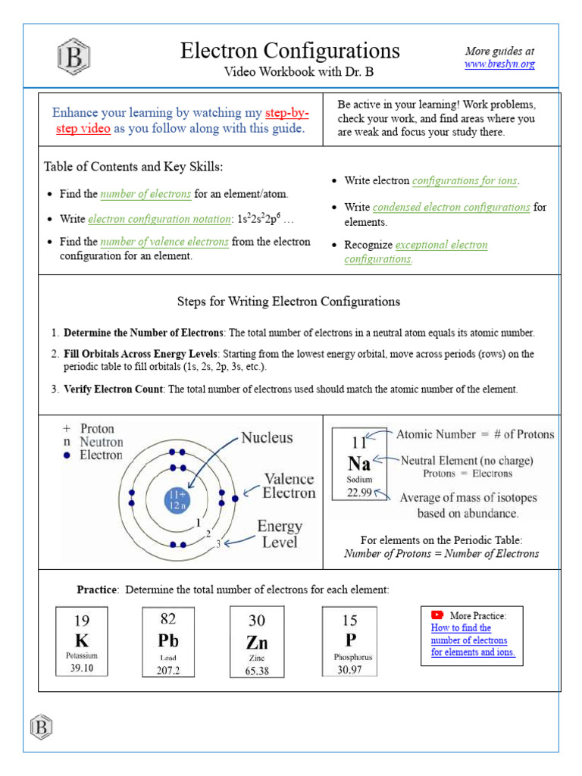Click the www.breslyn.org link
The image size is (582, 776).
pos(499,64)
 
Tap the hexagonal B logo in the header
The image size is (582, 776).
pos(74,57)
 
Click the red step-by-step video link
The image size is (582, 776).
pos(286,113)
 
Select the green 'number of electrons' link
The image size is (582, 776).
pos(145,194)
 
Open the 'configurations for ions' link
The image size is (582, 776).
pos(465,180)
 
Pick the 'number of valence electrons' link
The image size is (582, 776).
pos(164,242)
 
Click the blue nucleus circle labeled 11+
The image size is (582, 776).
pos(177,499)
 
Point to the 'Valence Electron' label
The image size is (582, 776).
pos(289,486)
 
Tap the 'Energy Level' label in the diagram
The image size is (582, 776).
pos(279,533)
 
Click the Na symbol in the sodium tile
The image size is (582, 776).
pos(359,463)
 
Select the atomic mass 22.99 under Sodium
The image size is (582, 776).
pos(360,492)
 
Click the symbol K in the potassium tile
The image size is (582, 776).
pos(81,640)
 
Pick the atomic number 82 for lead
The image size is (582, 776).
pos(168,619)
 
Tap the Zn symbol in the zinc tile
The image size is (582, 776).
pos(256,642)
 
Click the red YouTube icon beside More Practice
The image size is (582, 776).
pos(437,615)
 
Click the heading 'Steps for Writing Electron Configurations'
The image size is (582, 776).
pos(289,302)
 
